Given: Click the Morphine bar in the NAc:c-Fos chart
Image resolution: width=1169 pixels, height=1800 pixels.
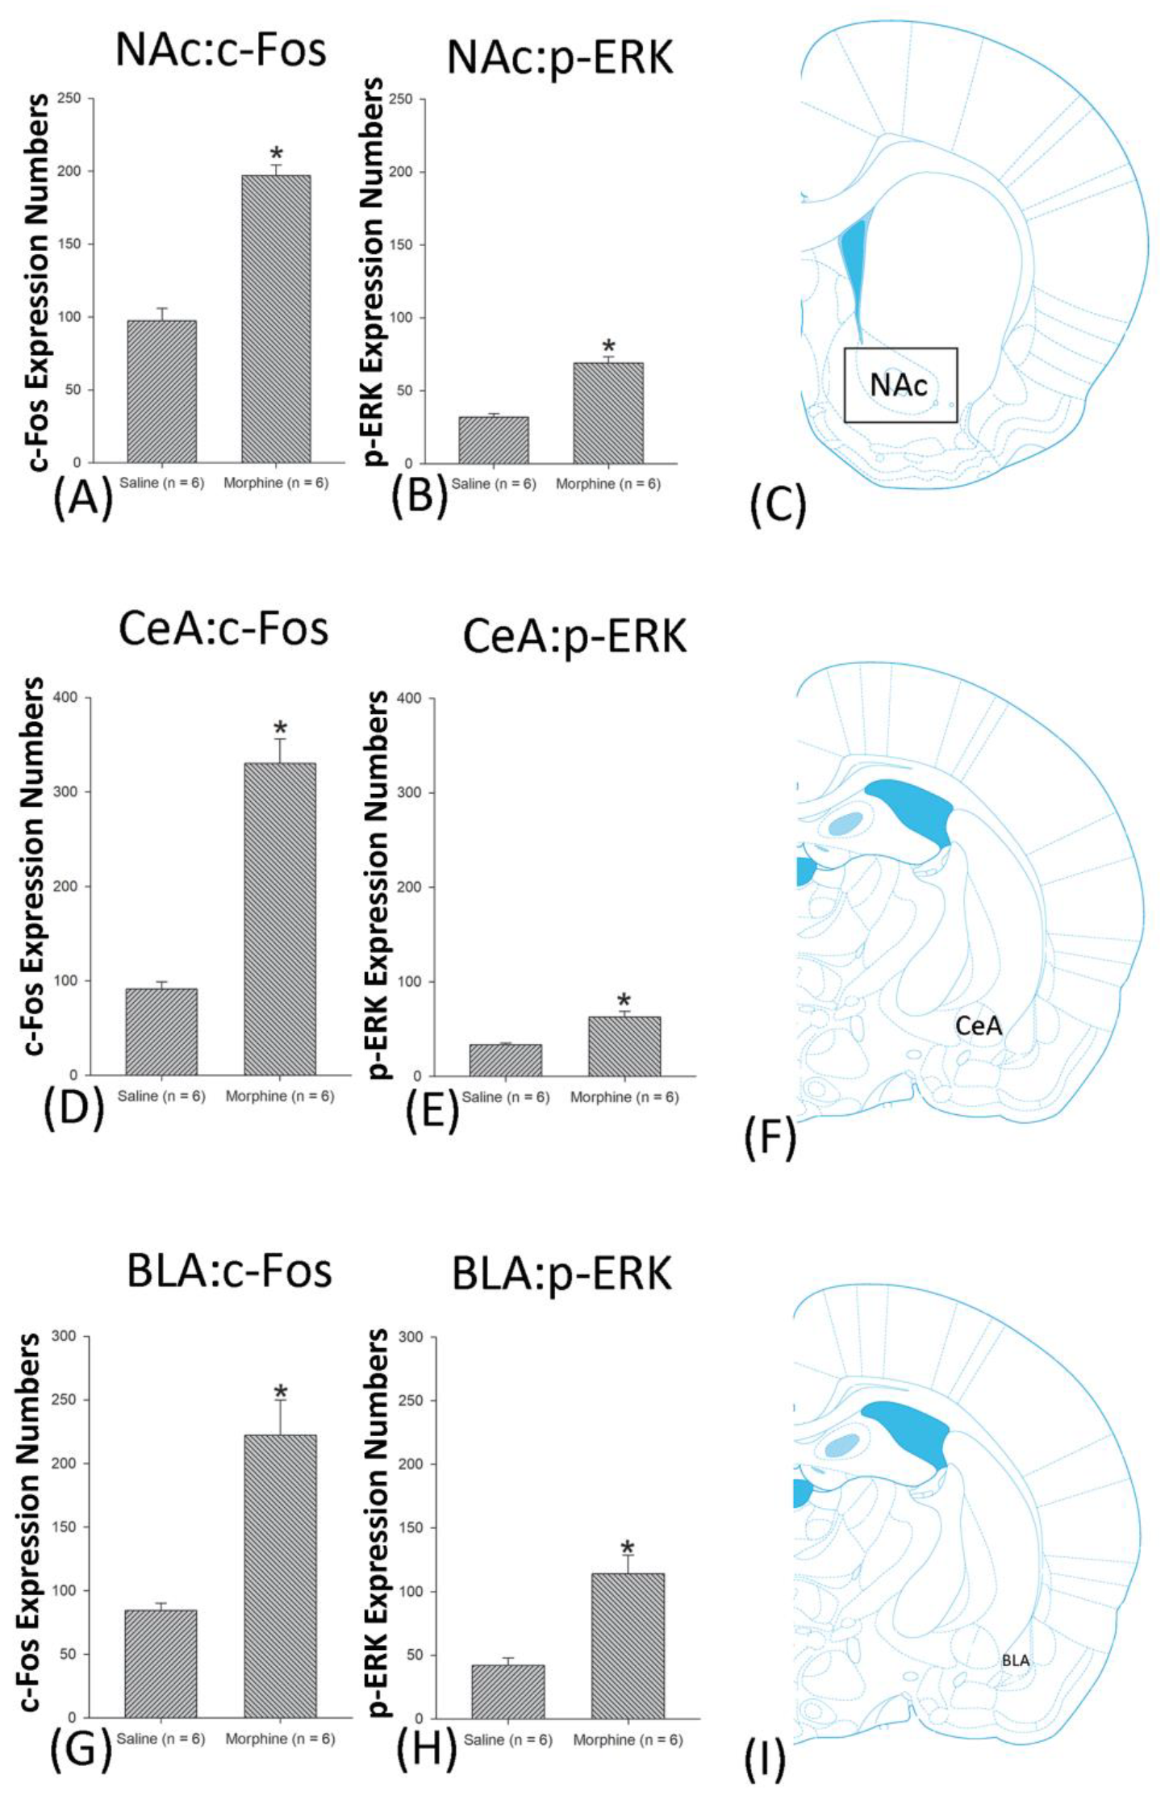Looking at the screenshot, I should coord(276,319).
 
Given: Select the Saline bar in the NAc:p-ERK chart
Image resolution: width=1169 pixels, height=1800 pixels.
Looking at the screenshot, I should coord(493,440).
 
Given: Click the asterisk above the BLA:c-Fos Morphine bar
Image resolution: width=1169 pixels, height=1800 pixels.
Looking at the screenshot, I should coord(280,1394).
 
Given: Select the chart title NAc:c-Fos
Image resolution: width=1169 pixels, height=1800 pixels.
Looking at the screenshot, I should coord(220,50).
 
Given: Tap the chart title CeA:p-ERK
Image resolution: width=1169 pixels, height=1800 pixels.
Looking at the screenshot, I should coord(574,637).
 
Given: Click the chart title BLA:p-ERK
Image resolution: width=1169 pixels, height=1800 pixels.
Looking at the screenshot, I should coord(562,1274).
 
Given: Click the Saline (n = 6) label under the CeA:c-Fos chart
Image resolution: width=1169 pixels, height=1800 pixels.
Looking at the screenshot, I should coord(161,1096).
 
